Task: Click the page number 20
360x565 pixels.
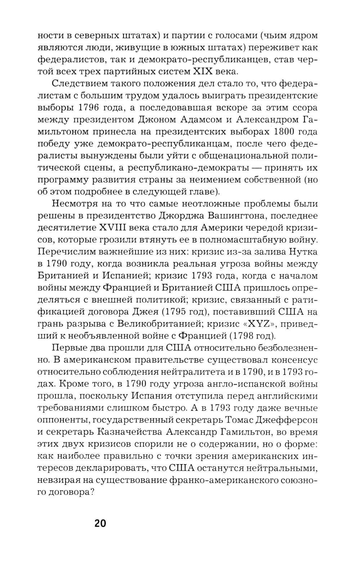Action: pos(100,523)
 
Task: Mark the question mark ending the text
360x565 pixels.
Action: pos(91,492)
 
